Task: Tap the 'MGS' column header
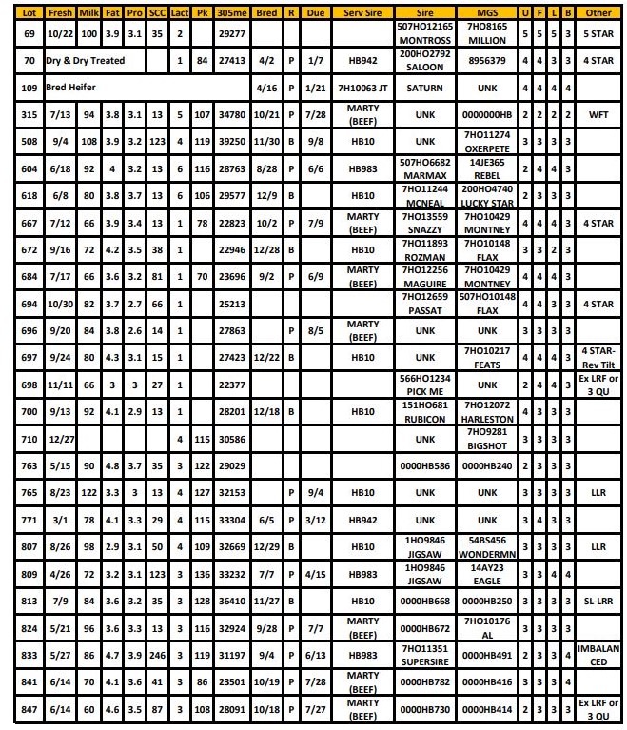(487, 13)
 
